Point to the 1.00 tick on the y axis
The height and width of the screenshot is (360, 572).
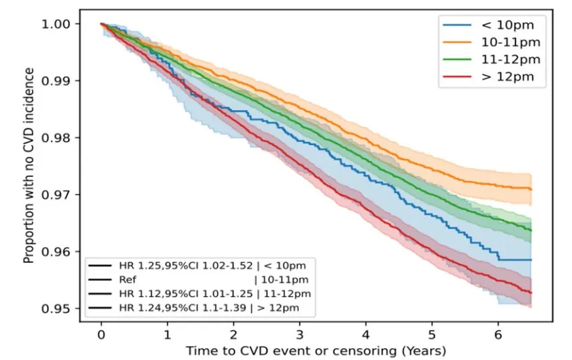click(x=64, y=24)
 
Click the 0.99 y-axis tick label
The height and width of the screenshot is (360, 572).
click(x=64, y=81)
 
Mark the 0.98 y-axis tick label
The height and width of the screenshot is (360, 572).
click(x=64, y=138)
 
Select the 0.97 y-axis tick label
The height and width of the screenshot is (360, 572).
click(x=64, y=195)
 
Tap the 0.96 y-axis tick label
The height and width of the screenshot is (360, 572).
click(x=64, y=251)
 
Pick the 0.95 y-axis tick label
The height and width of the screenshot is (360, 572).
click(x=64, y=308)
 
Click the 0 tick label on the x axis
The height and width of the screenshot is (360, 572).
click(x=101, y=335)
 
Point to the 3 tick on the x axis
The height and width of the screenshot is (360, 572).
click(x=299, y=335)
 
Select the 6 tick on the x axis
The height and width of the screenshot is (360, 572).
click(x=498, y=335)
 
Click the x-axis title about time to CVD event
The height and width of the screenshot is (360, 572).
click(x=315, y=350)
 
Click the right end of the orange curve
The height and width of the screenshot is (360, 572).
click(x=531, y=189)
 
